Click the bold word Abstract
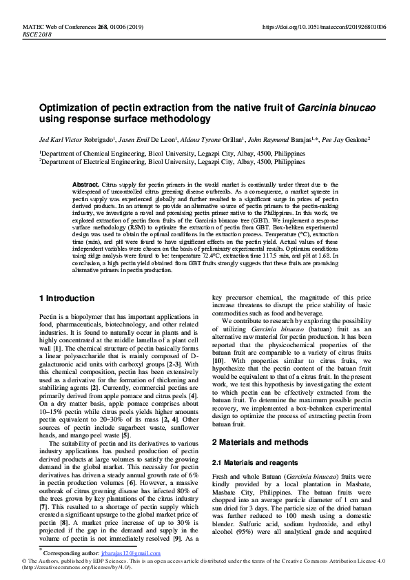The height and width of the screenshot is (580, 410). coord(86,185)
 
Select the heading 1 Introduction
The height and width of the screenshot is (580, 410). coord(67,298)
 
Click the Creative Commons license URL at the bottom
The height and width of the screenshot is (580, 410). coord(69,568)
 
